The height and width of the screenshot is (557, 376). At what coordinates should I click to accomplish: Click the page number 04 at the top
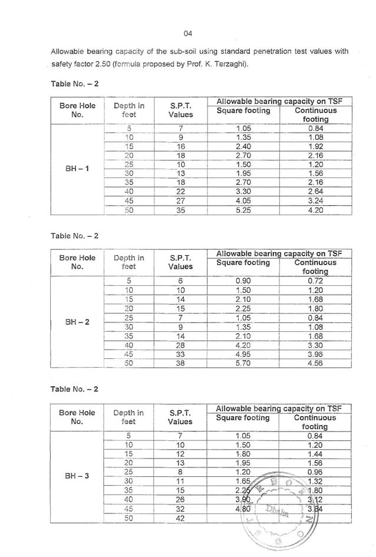coord(188,32)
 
